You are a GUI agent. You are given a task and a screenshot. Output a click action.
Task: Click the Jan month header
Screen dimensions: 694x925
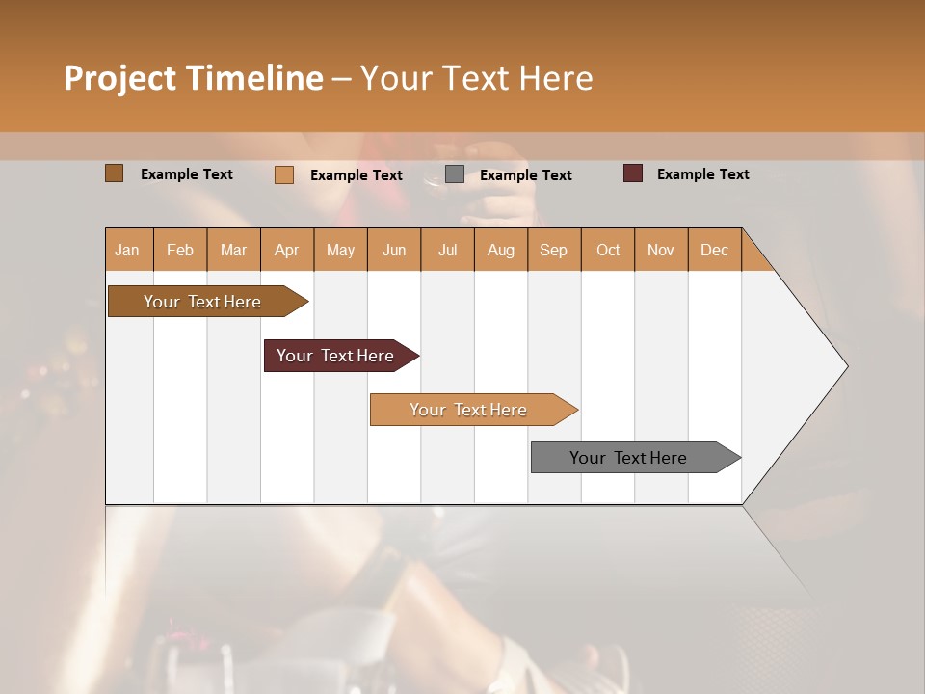[x=128, y=250]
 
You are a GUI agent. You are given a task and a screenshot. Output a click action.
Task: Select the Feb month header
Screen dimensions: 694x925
[x=180, y=250]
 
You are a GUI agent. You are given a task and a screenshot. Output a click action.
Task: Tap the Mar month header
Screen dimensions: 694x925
[x=233, y=250]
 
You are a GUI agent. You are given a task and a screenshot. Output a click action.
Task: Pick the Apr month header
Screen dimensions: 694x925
[x=287, y=250]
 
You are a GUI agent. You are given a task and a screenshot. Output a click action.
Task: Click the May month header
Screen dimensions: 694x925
[x=340, y=250]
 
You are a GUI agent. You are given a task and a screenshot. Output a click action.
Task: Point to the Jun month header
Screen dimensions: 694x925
[x=394, y=250]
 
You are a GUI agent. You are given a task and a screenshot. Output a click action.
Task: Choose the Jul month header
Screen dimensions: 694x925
[x=447, y=250]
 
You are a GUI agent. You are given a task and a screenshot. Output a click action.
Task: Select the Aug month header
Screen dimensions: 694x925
[x=501, y=250]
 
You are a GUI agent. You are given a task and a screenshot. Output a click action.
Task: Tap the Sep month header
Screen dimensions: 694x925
[x=554, y=250]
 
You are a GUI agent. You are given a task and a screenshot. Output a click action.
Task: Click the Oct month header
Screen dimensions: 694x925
[x=608, y=250]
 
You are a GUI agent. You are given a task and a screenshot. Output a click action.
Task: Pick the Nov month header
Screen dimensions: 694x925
[x=661, y=250]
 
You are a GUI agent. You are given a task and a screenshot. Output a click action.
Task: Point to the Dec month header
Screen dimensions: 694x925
[x=715, y=250]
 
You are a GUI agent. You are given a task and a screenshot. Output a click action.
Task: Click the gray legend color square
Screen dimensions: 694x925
[x=455, y=174]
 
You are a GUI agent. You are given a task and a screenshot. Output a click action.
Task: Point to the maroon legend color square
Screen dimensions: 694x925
[x=633, y=173]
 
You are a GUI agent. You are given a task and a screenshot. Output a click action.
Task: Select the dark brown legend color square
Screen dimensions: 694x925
[x=115, y=173]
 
